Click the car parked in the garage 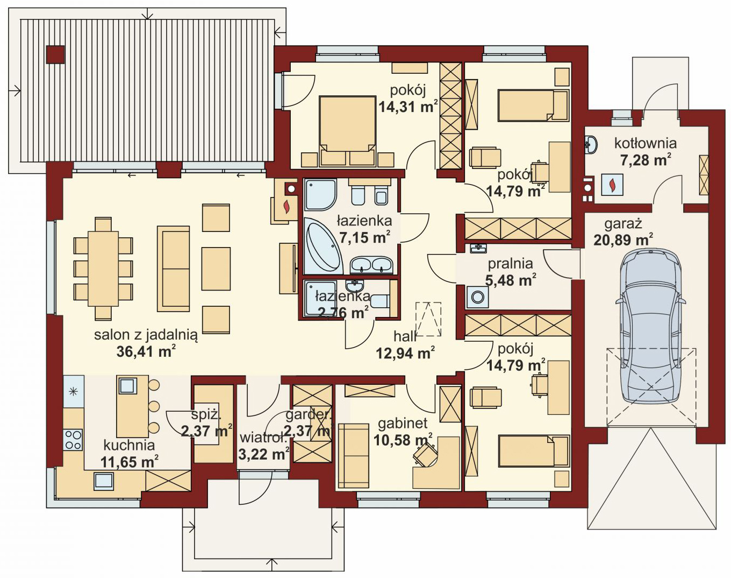(x=650, y=326)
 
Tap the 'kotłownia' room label (x=646, y=143)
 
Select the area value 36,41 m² (x=146, y=352)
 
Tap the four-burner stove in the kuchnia (x=73, y=440)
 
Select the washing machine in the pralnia (x=477, y=297)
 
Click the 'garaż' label (x=623, y=224)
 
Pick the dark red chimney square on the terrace (x=55, y=54)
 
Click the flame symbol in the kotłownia (x=612, y=185)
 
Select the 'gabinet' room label (x=403, y=424)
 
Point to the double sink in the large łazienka (x=371, y=265)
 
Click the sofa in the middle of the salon (x=173, y=269)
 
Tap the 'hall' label (x=405, y=337)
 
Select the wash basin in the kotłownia (x=592, y=144)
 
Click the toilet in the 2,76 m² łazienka (x=379, y=301)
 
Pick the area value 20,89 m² (x=623, y=241)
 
